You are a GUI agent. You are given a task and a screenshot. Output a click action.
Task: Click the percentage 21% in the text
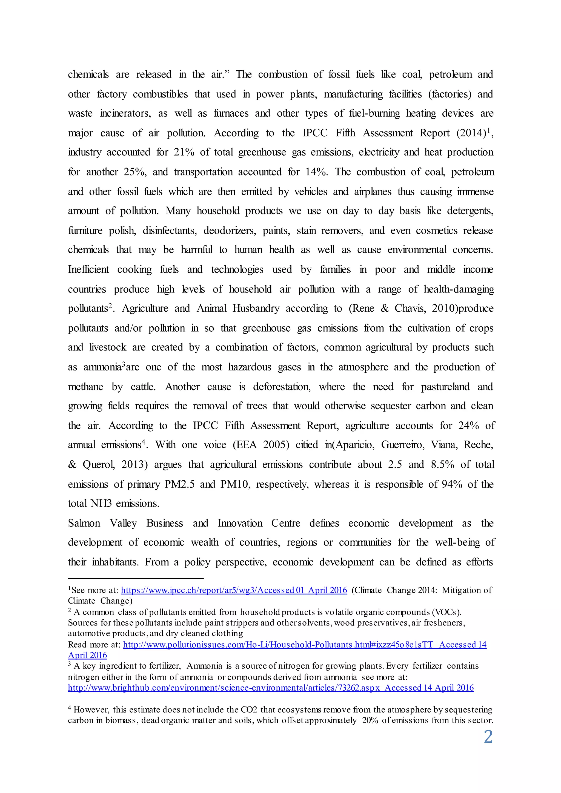point(184,152)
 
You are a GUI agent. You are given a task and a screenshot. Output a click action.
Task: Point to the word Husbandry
point(256,308)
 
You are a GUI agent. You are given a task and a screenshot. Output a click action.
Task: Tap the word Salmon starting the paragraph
point(84,523)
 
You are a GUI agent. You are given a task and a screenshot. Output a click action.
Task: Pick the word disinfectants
point(169,230)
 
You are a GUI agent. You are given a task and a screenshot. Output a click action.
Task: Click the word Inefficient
point(88,269)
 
